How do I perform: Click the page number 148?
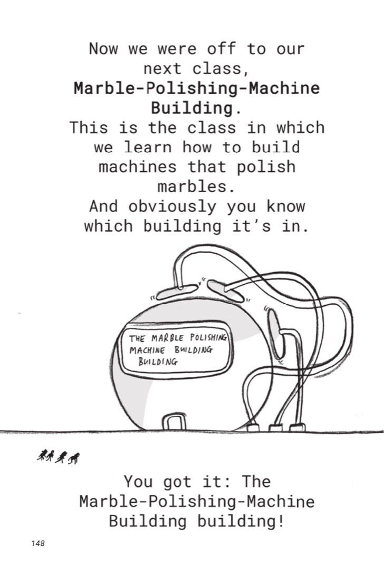coord(38,543)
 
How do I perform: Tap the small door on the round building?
coord(173,422)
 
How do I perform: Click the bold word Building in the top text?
coord(192,108)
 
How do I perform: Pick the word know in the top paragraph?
coord(285,206)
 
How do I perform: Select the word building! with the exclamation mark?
coord(241,521)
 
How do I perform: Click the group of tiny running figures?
coord(59,457)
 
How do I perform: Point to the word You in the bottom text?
coord(138,482)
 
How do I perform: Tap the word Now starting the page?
coord(103,49)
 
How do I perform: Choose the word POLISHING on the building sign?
coord(208,337)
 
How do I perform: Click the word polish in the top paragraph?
coord(266,167)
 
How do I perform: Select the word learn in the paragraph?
coord(148,147)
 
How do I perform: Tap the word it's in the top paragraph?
coord(251,226)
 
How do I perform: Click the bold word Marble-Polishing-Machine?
coord(196,88)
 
